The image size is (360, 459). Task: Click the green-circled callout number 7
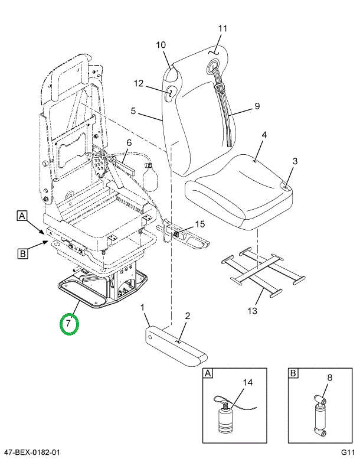point(68,324)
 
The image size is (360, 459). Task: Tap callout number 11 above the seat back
point(222,28)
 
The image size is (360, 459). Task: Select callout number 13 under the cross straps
point(252,311)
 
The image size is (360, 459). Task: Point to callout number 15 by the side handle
point(200,224)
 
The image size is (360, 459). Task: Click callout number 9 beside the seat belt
point(257,106)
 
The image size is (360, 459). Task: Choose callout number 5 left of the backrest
point(133,111)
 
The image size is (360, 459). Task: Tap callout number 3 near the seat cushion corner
point(294,161)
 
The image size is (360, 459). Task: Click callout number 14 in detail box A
point(248,382)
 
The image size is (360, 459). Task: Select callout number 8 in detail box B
point(330,377)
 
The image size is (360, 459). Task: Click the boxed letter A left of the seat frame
point(22,216)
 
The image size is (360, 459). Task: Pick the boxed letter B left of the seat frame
point(22,253)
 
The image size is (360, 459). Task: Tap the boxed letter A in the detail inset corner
point(208,373)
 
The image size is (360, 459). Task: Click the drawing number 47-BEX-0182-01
point(30,453)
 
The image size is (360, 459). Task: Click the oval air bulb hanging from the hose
point(150,178)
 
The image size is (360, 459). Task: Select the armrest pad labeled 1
point(176,347)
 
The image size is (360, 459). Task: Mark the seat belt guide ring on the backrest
point(214,66)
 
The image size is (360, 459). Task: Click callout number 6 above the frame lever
point(129,143)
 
